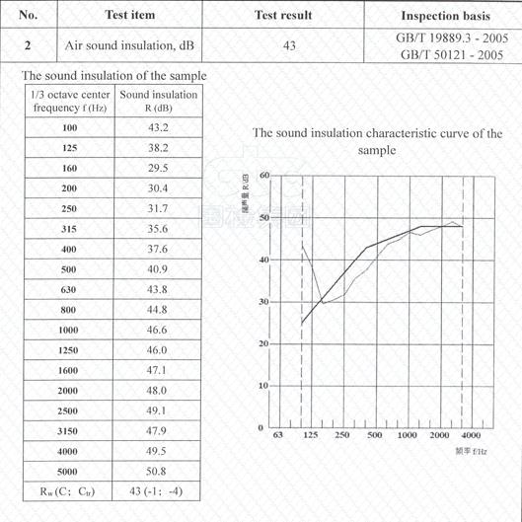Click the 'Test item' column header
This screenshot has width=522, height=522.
coord(129,15)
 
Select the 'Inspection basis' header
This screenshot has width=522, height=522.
coord(441,16)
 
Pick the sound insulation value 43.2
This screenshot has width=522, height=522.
coord(159,128)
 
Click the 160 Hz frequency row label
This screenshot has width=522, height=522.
coord(69,168)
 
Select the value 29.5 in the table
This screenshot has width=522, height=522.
coord(159,168)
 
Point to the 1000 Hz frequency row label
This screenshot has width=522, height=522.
coord(69,329)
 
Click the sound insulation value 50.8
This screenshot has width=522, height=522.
coord(159,471)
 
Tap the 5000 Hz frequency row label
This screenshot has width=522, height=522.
coord(69,471)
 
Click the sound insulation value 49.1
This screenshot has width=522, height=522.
coord(159,410)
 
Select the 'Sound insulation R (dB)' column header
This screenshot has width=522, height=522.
coord(159,101)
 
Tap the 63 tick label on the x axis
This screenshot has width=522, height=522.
coord(278,435)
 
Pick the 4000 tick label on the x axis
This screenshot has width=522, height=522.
coord(471,435)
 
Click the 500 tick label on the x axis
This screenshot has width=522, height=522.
coord(375,435)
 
